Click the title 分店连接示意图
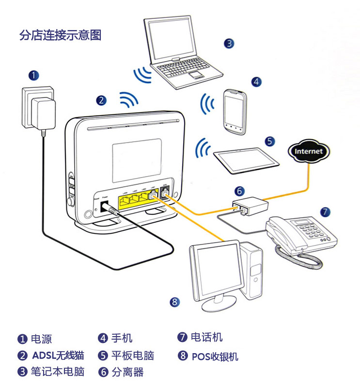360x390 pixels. click(x=60, y=35)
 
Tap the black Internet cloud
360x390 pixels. click(x=309, y=151)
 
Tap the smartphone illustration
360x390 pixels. click(x=235, y=112)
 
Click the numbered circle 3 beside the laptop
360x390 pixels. click(x=229, y=43)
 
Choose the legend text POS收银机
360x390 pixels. click(x=215, y=357)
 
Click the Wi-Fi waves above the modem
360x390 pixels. click(x=129, y=99)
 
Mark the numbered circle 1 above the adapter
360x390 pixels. click(x=33, y=75)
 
